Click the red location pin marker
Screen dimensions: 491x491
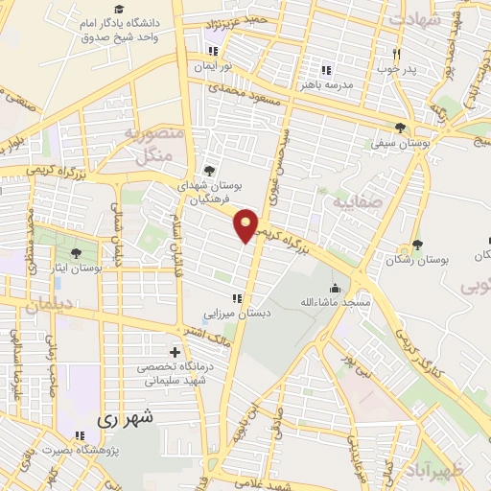pos(246,224)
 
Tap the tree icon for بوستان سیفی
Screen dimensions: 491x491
pos(400,128)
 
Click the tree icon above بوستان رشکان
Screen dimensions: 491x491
pos(416,245)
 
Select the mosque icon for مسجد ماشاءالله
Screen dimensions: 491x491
pos(334,288)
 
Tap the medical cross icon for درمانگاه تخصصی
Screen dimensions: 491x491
pos(174,352)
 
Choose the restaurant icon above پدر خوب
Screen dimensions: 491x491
pos(395,53)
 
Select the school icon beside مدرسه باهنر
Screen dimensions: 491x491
pos(325,69)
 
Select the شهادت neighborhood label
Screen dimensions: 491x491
pos(416,18)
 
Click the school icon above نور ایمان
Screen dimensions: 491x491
pos(212,50)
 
